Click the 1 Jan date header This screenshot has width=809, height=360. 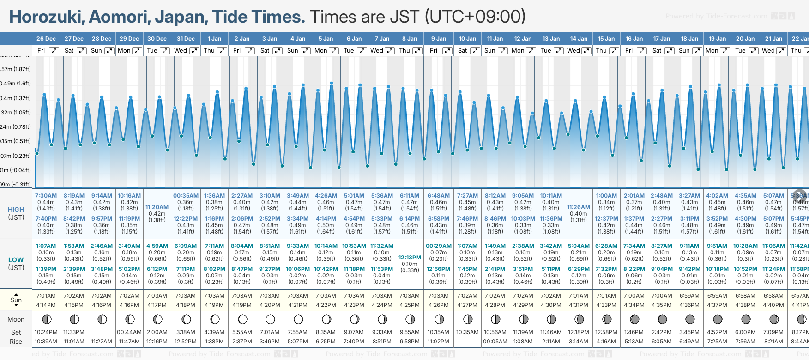click(214, 39)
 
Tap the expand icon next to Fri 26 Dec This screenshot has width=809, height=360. click(54, 51)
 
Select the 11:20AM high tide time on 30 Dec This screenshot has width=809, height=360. click(157, 207)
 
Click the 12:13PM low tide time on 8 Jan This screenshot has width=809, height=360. click(410, 258)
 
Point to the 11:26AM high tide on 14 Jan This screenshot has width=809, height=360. click(579, 207)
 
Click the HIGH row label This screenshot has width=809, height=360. click(16, 210)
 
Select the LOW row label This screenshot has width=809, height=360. click(16, 260)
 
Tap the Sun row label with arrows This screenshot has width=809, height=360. click(16, 300)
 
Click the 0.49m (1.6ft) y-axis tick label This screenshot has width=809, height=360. click(16, 84)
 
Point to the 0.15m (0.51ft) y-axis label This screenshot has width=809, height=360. click(16, 141)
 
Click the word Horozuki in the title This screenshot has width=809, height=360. click(47, 17)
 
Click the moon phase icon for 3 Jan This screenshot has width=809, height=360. click(270, 319)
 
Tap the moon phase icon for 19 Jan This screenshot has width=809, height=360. click(718, 319)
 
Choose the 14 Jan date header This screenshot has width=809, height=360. click(579, 39)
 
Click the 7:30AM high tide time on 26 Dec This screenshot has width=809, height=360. click(46, 196)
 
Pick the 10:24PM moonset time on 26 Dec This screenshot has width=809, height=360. click(46, 332)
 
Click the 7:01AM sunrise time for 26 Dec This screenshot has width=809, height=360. click(46, 296)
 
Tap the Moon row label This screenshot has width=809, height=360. click(16, 319)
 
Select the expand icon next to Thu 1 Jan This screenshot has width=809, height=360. click(222, 51)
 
